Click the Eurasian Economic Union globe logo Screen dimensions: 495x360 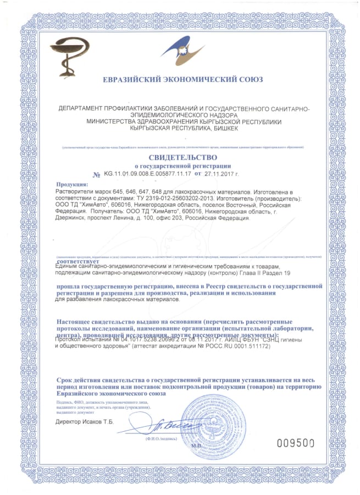(182, 50)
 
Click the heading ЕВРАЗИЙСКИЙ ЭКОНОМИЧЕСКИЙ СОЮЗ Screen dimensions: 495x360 (182, 79)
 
